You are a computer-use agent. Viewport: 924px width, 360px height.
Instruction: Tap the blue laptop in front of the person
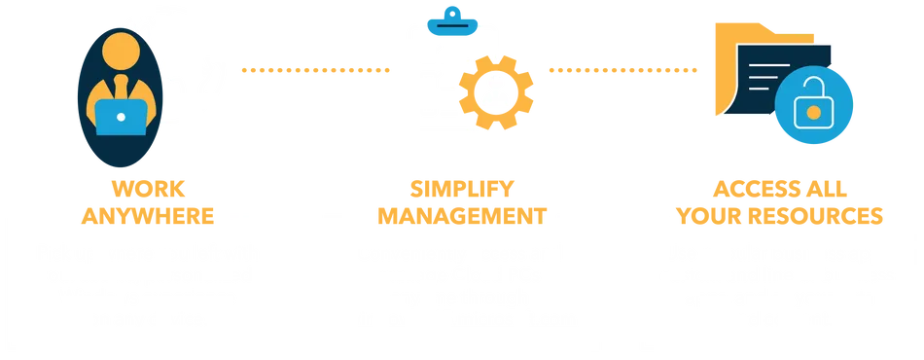tap(121, 120)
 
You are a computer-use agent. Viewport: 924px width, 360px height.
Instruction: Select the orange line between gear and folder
tap(622, 69)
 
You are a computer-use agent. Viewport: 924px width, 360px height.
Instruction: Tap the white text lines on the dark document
tap(770, 74)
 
